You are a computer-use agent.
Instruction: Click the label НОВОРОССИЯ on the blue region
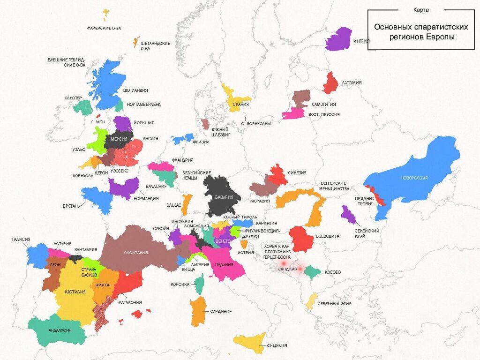[x=414, y=178]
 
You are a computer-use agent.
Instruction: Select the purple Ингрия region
[x=339, y=39]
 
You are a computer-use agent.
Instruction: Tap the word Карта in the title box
[x=421, y=10]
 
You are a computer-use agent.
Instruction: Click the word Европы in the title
[x=440, y=37]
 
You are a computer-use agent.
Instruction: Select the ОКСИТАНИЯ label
[x=136, y=253]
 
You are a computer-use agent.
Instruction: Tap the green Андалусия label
[x=60, y=330]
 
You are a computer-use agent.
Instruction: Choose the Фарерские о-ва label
[x=104, y=29]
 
